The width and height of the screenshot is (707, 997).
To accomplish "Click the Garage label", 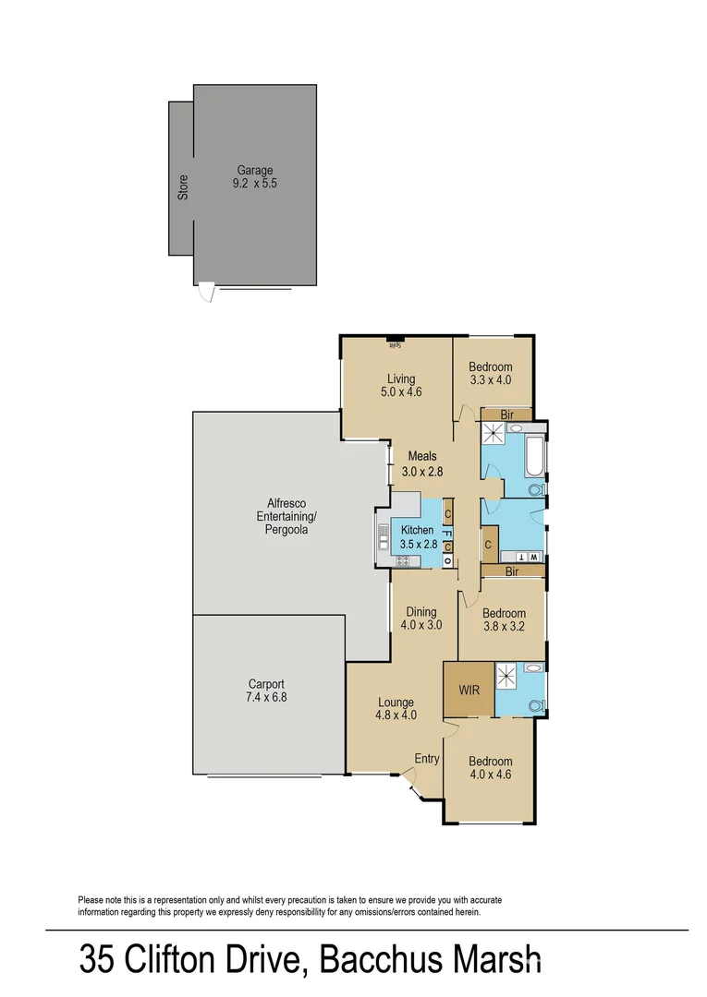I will click(x=255, y=170).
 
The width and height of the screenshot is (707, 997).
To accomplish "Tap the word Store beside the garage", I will click(x=183, y=187).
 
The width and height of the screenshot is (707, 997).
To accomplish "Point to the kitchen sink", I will click(x=383, y=536).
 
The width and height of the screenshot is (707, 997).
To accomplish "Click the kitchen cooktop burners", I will click(x=403, y=560).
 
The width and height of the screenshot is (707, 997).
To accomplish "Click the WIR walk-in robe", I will click(x=469, y=689).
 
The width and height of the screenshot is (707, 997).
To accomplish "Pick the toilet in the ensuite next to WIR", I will click(x=533, y=704).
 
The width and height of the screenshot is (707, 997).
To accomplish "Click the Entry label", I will click(x=426, y=758).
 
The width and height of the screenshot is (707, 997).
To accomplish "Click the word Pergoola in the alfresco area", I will click(x=284, y=531).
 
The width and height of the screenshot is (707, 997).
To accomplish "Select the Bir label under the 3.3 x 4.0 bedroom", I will click(x=507, y=415).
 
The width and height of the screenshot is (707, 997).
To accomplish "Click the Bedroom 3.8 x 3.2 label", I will click(x=504, y=613).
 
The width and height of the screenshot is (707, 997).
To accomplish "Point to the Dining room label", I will click(x=421, y=611).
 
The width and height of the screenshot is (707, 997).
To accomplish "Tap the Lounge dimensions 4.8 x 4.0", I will click(x=395, y=715).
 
